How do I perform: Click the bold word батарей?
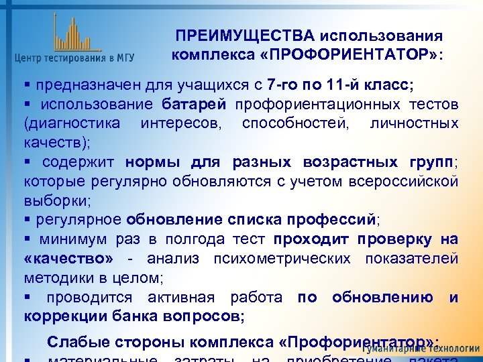tap(195, 105)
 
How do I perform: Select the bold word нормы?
tap(148, 162)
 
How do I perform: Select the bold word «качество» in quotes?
tap(68, 258)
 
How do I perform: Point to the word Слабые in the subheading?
tap(72, 341)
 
